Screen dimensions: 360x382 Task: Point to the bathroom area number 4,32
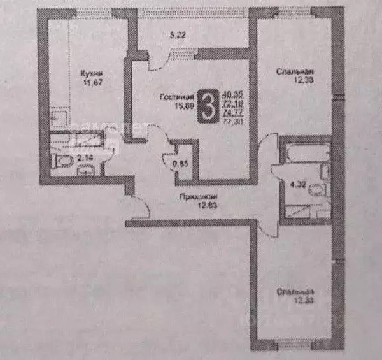295,187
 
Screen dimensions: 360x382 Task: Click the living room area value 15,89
172,106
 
